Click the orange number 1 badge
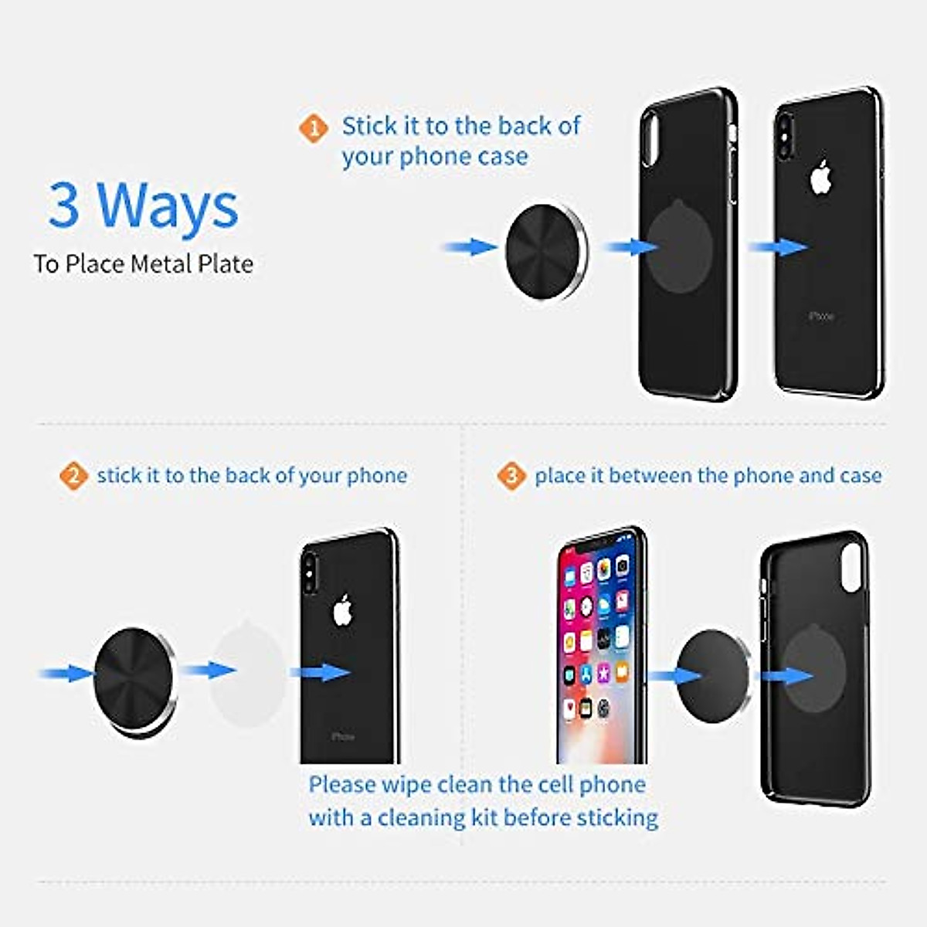click(x=313, y=128)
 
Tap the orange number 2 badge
click(x=73, y=476)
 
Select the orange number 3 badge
click(x=511, y=476)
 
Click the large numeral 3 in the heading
click(x=64, y=205)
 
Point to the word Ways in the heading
click(x=168, y=206)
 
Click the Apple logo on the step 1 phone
click(x=820, y=178)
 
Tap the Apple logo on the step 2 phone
click(x=343, y=611)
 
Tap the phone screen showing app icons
click(x=600, y=649)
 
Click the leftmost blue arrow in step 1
click(x=470, y=247)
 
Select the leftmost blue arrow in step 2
click(x=66, y=674)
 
